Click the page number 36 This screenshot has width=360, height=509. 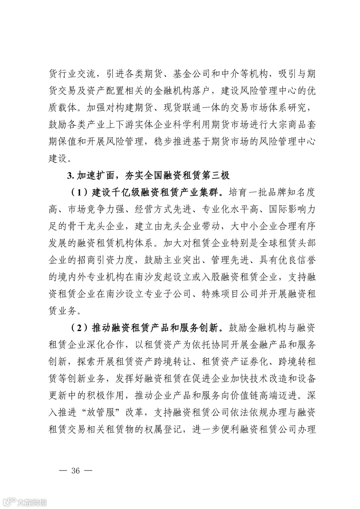click(75, 471)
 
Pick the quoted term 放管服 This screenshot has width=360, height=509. click(105, 413)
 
